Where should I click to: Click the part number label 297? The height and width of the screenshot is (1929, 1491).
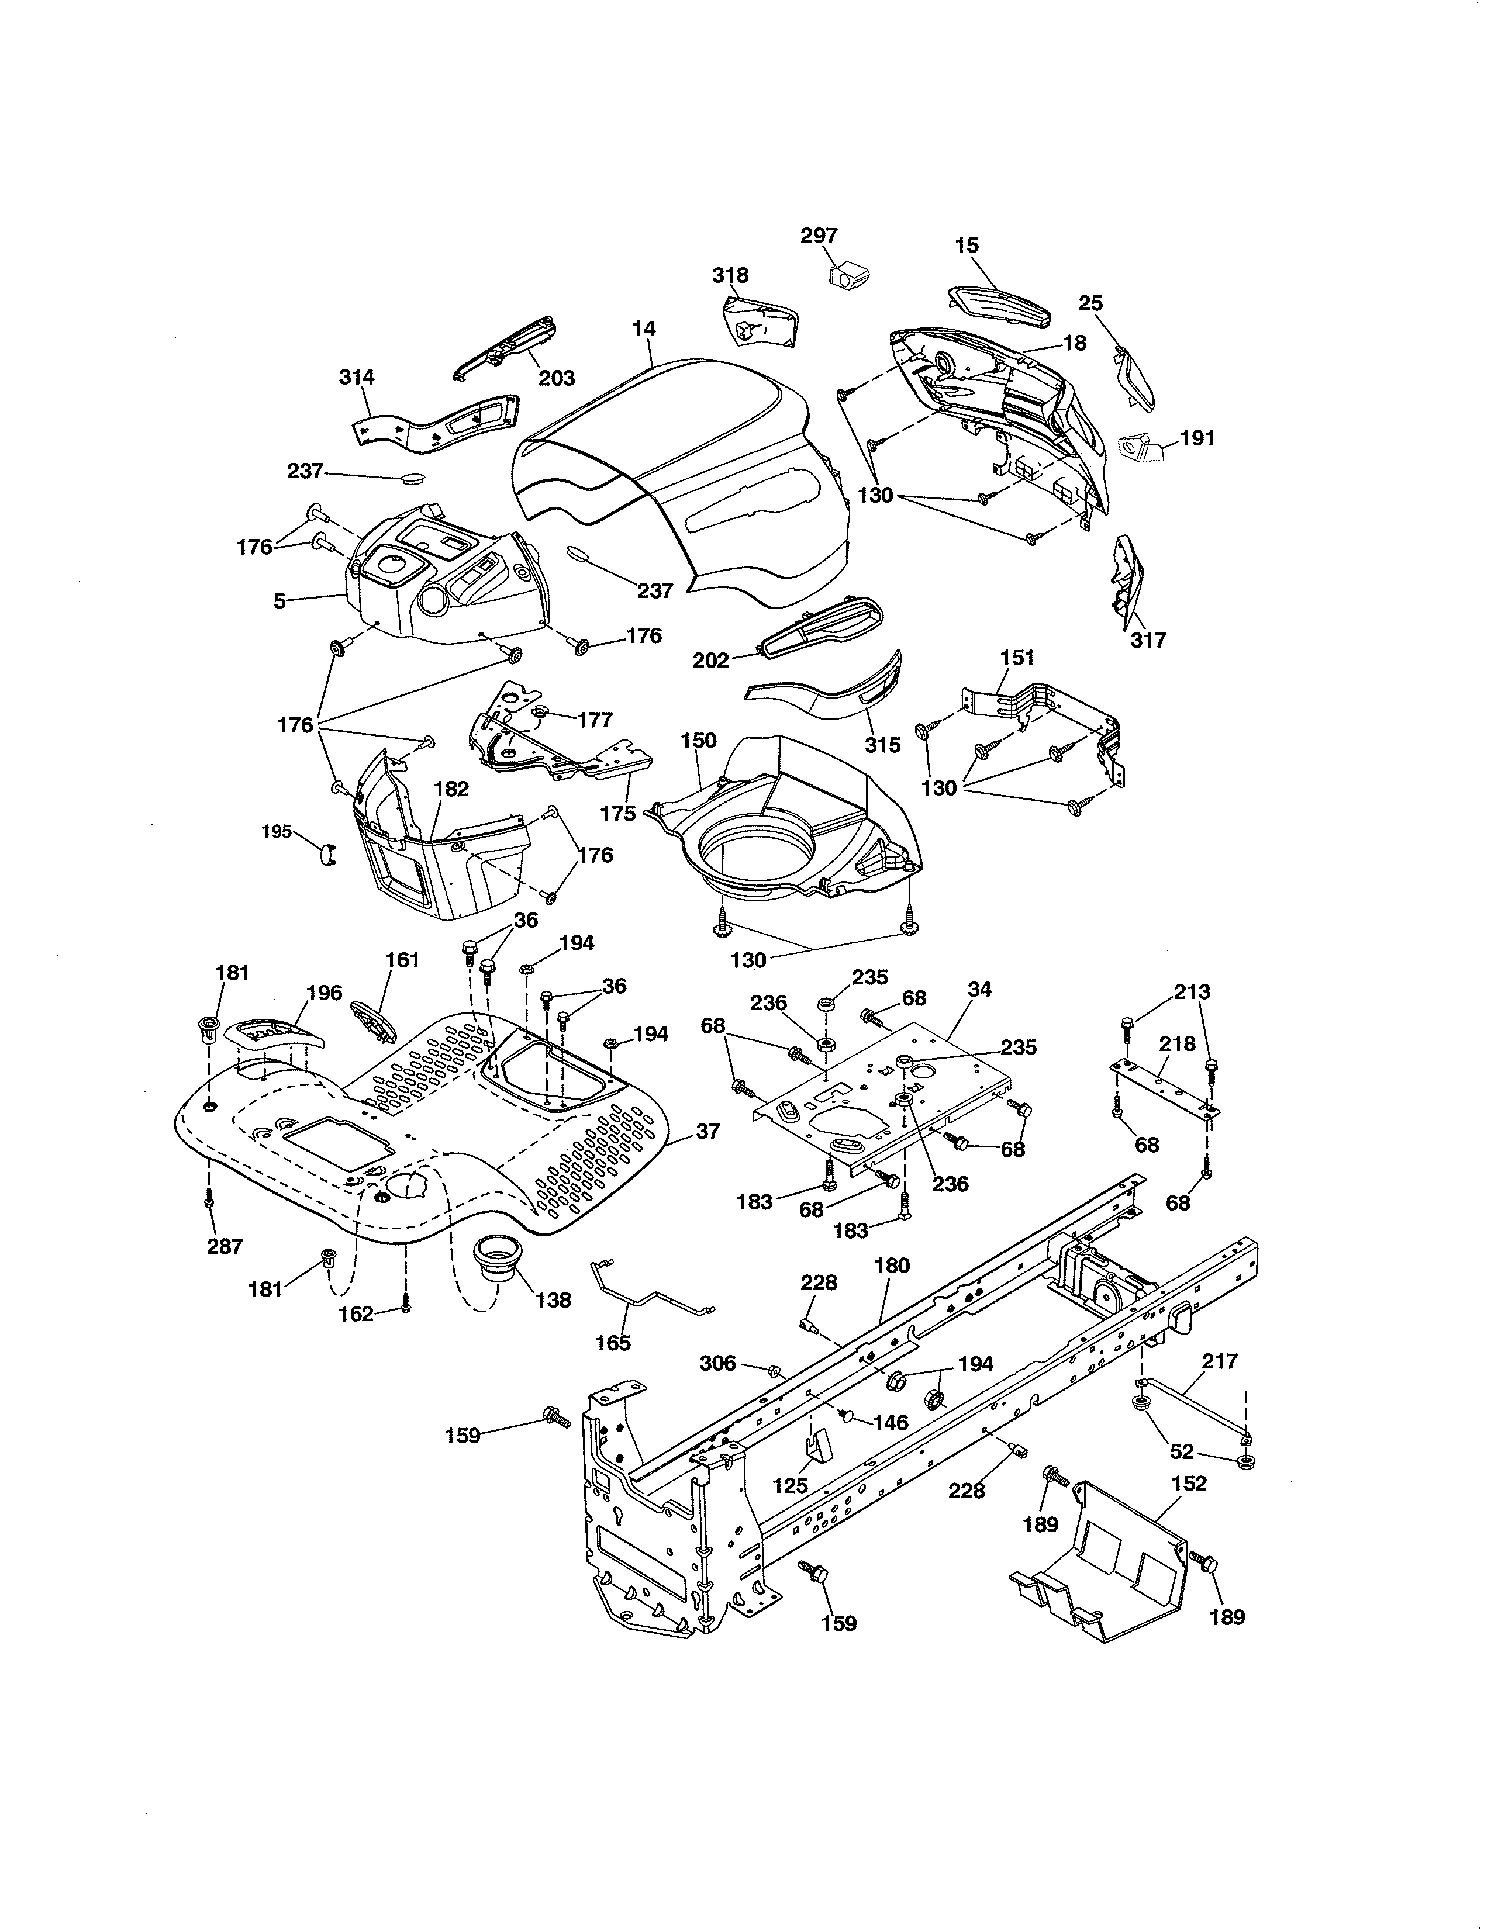click(x=819, y=236)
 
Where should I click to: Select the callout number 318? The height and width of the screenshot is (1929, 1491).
click(x=730, y=275)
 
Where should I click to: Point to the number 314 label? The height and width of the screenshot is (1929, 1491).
click(x=356, y=377)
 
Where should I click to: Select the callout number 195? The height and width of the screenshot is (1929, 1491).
click(x=277, y=831)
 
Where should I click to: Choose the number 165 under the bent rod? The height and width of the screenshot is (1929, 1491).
click(x=613, y=1343)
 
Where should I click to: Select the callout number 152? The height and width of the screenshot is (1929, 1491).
click(x=1188, y=1483)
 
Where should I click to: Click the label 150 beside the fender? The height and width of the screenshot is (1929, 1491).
click(x=699, y=740)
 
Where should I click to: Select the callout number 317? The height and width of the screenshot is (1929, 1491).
click(x=1148, y=639)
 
